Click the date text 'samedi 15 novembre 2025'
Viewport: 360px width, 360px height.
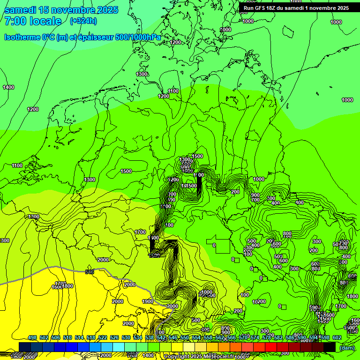61,10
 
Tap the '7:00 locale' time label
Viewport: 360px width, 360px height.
33,21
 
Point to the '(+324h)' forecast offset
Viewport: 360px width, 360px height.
83,21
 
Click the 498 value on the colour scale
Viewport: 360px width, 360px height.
32,338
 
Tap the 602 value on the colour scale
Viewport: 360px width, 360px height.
337,338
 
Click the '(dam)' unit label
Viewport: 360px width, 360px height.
347,348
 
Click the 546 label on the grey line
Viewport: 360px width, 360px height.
90,272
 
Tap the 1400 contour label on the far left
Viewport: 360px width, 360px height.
8,87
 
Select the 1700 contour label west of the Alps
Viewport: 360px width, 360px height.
140,232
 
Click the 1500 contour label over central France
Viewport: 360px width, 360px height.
126,171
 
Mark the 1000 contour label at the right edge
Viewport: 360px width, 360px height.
347,100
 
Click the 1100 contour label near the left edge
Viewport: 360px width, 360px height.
17,165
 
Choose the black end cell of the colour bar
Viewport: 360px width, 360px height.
330,347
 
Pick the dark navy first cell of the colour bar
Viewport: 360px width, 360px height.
25,347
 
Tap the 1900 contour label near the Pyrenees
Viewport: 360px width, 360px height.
147,301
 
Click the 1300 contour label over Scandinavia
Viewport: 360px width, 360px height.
142,74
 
